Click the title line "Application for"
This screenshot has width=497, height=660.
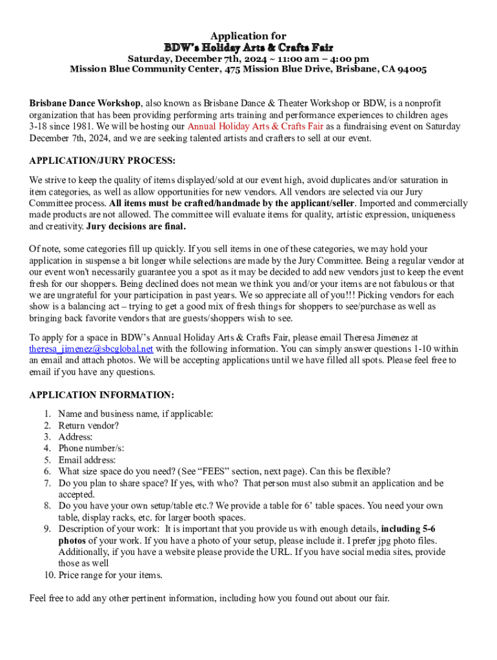pos(249,36)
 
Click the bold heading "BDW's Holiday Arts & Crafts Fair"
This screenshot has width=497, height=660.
pos(249,48)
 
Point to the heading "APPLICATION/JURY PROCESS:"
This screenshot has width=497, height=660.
pos(103,160)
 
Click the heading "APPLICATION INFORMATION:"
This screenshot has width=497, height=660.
pos(101,394)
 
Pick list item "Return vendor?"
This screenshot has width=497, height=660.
pos(88,425)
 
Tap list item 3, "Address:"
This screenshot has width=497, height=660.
pos(75,437)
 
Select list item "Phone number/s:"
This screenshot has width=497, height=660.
pos(91,449)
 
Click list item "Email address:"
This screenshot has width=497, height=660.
pos(87,460)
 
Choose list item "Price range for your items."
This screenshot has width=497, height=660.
pos(110,575)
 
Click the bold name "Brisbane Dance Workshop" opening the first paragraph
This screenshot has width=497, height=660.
pos(85,103)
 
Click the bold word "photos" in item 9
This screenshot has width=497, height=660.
pos(72,540)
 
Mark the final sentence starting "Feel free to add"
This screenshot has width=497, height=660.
pos(209,598)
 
